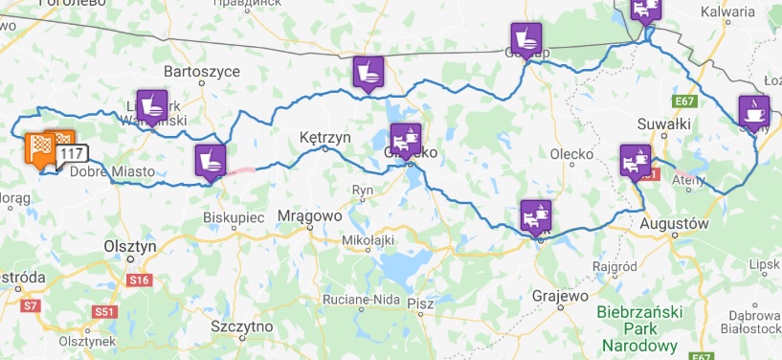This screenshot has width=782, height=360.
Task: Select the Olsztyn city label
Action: coord(129,246)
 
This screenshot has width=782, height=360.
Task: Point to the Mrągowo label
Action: coord(310,215)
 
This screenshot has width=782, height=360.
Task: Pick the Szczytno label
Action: coord(242,326)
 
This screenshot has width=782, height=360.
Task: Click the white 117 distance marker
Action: coord(71,153)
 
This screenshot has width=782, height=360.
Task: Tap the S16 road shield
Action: coord(140,280)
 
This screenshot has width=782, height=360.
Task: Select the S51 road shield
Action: coord(104,311)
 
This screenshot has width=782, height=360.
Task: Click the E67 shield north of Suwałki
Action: coord(683,101)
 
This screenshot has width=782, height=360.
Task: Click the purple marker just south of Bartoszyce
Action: coord(151,103)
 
